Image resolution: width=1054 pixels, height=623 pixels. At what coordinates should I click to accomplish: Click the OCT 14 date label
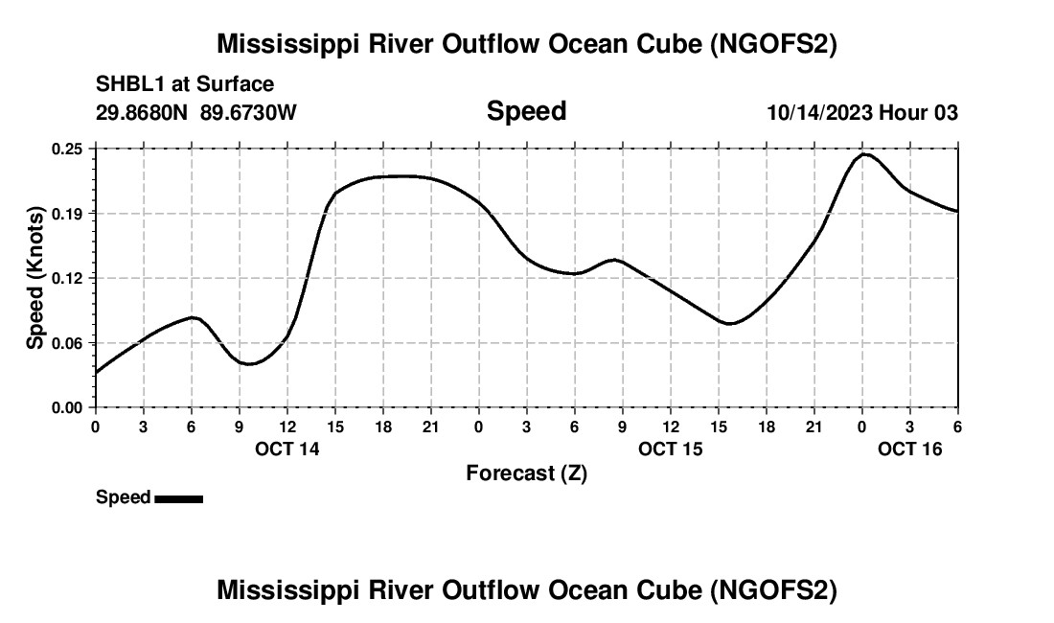[287, 449]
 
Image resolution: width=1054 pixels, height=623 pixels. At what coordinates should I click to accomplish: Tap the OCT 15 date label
[671, 449]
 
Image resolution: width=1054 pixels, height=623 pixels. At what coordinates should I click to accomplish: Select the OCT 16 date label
[910, 449]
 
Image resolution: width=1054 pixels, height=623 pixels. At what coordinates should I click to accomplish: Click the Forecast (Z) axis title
[526, 473]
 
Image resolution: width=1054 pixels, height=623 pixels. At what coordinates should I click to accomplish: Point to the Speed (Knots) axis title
[35, 278]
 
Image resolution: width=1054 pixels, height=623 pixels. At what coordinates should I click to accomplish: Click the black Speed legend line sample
[178, 498]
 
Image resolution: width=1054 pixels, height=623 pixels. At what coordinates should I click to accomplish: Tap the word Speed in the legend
[123, 497]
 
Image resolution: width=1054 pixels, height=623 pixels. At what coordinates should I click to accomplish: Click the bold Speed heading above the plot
[526, 111]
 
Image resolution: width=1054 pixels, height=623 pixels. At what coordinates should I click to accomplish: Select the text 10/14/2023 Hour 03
[862, 113]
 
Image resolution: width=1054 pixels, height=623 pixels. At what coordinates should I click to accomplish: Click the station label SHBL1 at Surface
[185, 85]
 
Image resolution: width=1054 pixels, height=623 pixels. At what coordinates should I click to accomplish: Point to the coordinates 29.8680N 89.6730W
[196, 113]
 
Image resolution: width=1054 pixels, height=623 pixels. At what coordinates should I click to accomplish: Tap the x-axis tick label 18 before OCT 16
[766, 426]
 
